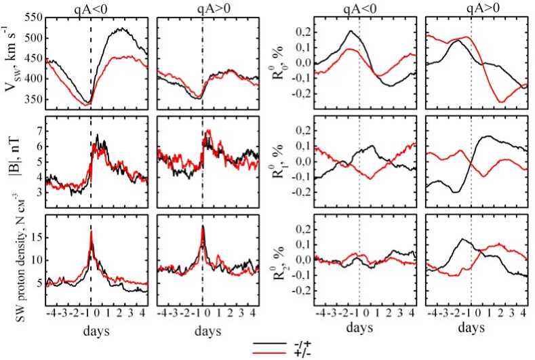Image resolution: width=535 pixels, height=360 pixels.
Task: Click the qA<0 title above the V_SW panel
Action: [x=90, y=7]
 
